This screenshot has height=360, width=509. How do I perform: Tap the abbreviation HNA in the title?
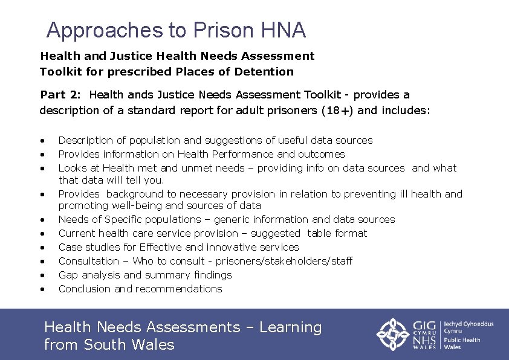pyautogui.click(x=284, y=30)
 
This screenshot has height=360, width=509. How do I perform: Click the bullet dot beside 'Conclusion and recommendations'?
pyautogui.click(x=42, y=289)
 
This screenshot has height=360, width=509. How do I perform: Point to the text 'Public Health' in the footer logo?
pyautogui.click(x=462, y=339)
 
